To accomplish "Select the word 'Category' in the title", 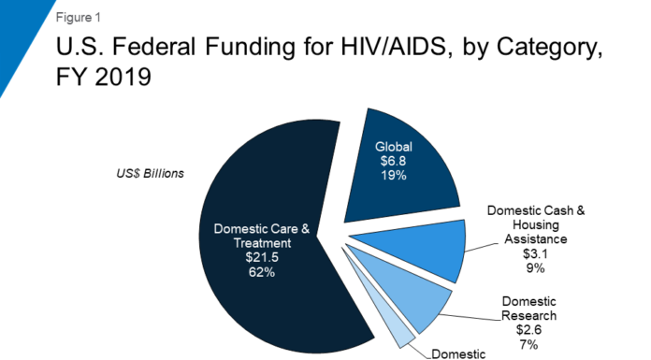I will point(538,48).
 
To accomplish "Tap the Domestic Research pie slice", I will point(412,299).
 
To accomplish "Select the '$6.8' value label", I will point(392,162).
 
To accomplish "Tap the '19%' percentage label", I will point(392,177).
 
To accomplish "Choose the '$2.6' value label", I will point(529,329).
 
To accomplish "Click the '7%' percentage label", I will point(529,343).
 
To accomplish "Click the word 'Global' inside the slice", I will point(393,147).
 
